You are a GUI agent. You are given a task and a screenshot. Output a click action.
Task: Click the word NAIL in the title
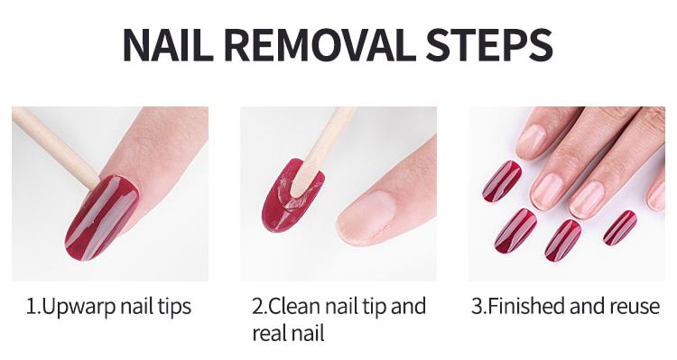click(169, 45)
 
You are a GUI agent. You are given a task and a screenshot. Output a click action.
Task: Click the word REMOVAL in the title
click(320, 45)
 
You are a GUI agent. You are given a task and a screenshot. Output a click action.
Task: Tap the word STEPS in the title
click(489, 45)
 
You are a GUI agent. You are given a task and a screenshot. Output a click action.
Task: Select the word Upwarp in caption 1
click(79, 308)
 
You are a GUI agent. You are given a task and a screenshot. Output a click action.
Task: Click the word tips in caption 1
click(174, 307)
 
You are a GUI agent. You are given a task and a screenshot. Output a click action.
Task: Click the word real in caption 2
click(269, 334)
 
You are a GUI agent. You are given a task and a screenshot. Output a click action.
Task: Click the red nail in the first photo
click(102, 217)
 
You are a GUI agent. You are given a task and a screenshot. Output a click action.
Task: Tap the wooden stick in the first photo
click(54, 147)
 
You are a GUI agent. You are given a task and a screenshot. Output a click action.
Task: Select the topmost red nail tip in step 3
click(501, 181)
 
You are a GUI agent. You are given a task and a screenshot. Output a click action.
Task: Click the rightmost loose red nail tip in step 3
click(620, 228)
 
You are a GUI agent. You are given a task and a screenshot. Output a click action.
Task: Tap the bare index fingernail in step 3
click(547, 191)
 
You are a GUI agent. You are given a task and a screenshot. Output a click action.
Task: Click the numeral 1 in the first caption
click(31, 307)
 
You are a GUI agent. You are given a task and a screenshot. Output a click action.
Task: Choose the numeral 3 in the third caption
click(478, 306)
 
